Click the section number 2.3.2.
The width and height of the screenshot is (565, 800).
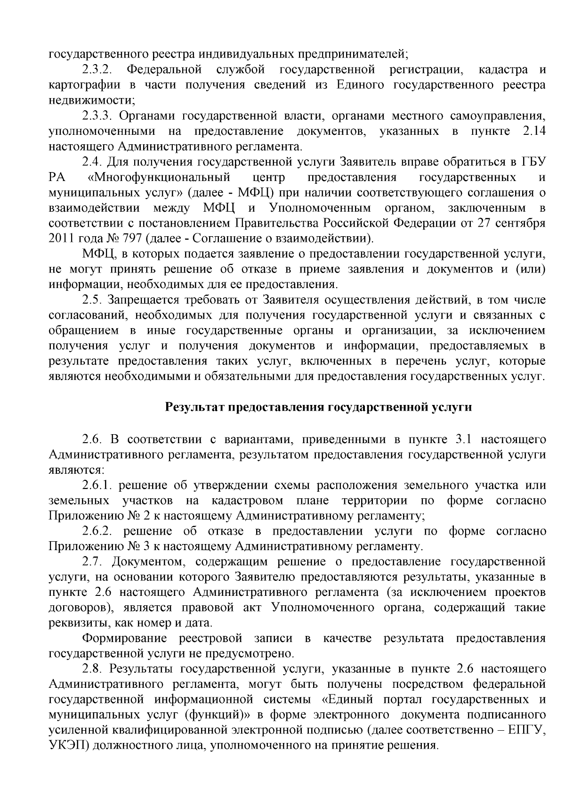click(x=97, y=70)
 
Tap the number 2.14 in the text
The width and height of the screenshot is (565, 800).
click(x=534, y=131)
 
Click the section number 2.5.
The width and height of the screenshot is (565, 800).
click(x=92, y=300)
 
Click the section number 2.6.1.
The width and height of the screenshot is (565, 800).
click(x=97, y=485)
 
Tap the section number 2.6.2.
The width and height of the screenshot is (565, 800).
click(x=97, y=531)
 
